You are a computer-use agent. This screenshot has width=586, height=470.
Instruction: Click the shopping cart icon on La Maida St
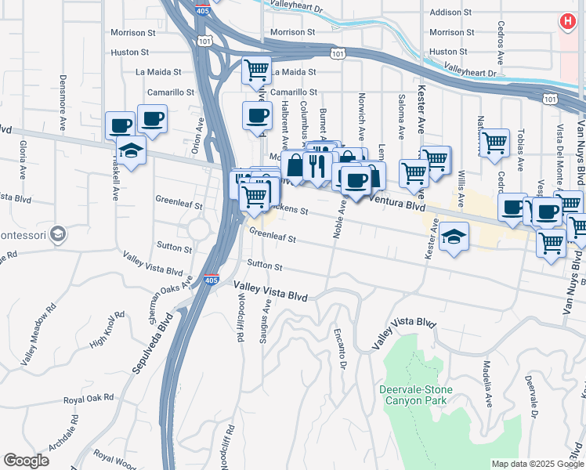[x=256, y=70]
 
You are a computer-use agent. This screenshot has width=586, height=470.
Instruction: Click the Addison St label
[x=447, y=13]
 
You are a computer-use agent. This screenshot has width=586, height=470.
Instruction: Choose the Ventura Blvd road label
[x=396, y=204]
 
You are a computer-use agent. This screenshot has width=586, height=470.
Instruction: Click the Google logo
[x=27, y=461]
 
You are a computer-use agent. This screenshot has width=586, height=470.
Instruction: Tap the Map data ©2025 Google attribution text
[x=537, y=464]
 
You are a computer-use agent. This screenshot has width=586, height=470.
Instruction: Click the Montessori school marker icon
[x=57, y=233]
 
